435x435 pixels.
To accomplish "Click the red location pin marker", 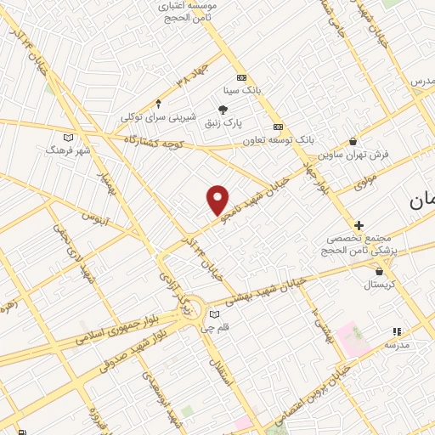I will (x=218, y=200).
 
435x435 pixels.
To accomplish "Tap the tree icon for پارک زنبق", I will (x=223, y=109).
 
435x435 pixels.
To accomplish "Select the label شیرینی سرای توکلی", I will (x=158, y=116).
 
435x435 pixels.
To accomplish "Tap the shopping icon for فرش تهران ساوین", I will (x=353, y=142).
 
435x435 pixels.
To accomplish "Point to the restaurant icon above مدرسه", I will (x=395, y=331).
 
